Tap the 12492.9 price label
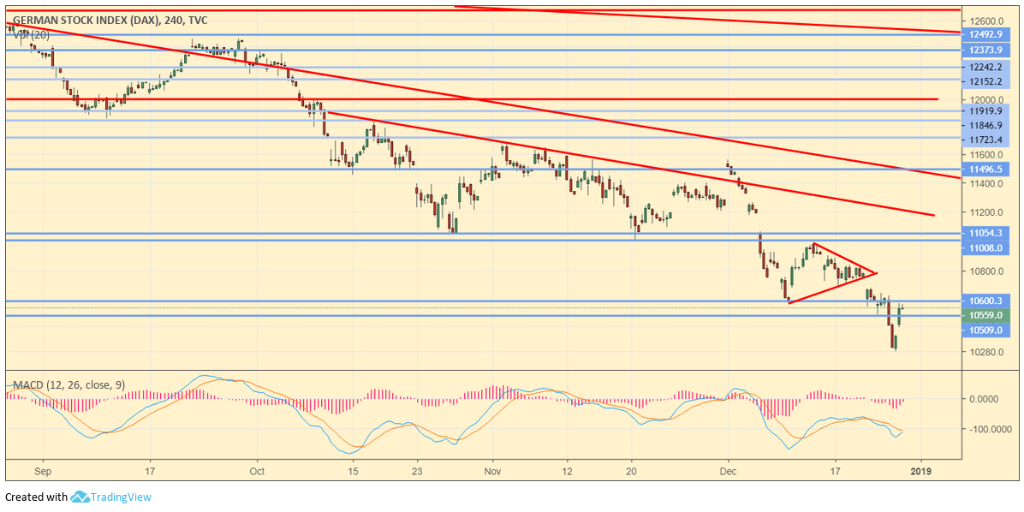tap(985, 35)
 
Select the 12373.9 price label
tap(985, 51)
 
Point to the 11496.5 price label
tap(985, 170)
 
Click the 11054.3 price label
tap(985, 233)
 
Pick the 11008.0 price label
tap(985, 247)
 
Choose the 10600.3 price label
tap(985, 301)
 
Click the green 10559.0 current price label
tap(985, 315)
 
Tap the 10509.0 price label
tap(985, 330)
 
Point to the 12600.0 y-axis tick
tap(985, 21)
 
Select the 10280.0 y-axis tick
tap(985, 352)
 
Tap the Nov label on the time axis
tap(491, 471)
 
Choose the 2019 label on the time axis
tap(920, 471)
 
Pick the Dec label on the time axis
tap(729, 471)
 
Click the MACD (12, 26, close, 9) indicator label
tap(65, 385)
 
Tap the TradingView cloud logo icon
tap(80, 497)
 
